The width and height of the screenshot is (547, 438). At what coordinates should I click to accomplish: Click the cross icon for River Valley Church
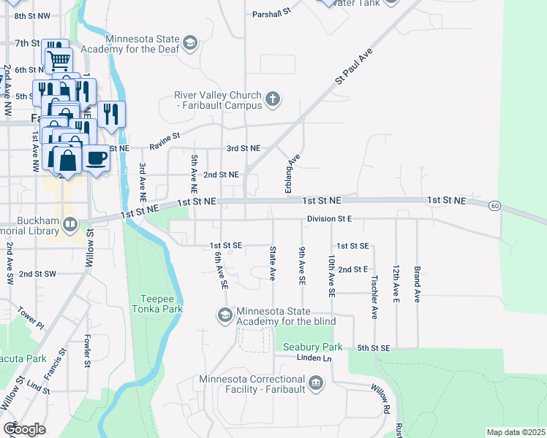(273, 99)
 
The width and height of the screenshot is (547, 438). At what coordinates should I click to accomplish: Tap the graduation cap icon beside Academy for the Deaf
(191, 42)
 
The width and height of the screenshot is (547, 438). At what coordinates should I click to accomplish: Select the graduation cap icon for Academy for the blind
(225, 315)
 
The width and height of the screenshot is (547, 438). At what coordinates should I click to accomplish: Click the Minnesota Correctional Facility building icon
(316, 383)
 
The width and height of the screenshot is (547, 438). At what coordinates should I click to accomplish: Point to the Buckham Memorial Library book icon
(70, 224)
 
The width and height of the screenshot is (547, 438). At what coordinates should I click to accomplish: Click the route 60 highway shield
(495, 206)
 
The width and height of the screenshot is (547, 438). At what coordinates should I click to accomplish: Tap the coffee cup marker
(95, 157)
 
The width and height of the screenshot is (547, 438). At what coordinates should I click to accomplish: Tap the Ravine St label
(165, 137)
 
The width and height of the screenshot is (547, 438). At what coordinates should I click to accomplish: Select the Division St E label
(329, 218)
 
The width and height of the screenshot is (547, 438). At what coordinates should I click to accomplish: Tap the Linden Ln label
(314, 358)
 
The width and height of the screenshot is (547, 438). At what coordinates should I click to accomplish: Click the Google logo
(24, 429)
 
